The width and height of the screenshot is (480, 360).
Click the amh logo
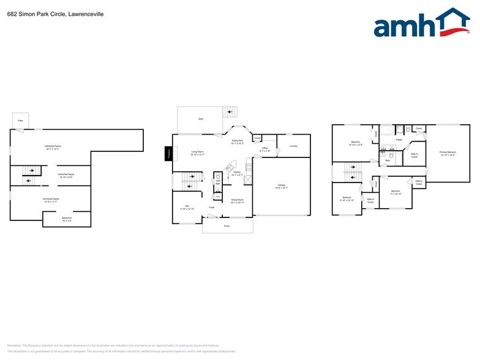421,24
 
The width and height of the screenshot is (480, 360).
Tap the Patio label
20,121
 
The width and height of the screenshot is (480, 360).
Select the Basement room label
67,219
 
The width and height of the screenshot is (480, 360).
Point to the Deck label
200,118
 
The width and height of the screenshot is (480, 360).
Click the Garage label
282,186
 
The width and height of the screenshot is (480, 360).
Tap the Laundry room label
293,146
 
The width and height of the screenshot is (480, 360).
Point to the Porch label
227,227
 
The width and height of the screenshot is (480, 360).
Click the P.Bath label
399,140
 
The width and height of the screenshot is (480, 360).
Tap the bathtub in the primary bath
387,130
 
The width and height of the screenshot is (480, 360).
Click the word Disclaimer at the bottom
15,345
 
